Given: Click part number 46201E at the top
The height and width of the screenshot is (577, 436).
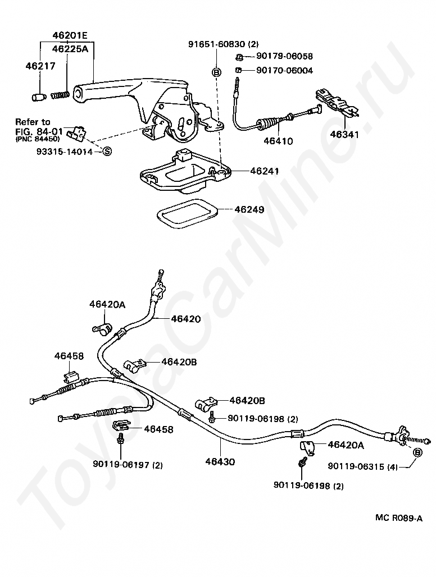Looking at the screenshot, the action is (70, 36).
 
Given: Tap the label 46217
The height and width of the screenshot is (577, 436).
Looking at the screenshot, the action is (40, 66).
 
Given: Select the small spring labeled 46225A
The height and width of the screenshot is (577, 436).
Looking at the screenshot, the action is (60, 95).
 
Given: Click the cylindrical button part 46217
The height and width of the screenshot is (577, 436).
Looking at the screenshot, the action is (38, 97).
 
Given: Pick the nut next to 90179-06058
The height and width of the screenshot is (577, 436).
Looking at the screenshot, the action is (239, 57).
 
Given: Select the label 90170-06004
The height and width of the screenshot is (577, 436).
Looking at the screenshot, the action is (284, 70).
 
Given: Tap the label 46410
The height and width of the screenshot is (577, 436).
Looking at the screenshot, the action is (278, 141).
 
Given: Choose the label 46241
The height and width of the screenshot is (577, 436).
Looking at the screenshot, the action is (265, 171).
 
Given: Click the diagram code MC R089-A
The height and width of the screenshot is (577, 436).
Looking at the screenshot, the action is (399, 518).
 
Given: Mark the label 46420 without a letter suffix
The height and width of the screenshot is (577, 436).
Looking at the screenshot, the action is (186, 319).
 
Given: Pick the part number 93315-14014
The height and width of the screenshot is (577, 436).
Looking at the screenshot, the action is (65, 151).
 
